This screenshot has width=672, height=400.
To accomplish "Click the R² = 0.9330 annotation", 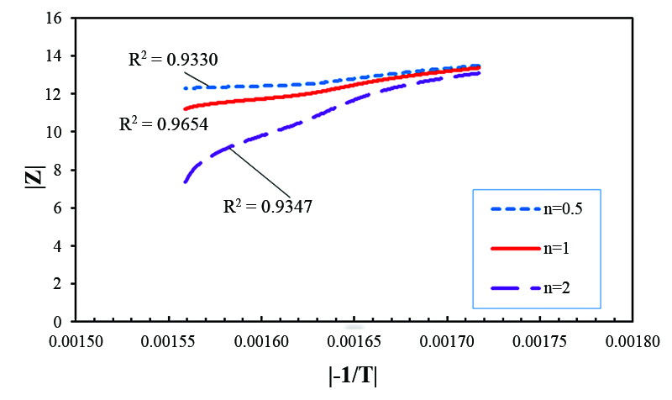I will pos(163,61).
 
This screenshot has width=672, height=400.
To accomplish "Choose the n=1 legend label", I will pos(564,249).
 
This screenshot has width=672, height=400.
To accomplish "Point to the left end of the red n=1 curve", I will pos(185,108).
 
